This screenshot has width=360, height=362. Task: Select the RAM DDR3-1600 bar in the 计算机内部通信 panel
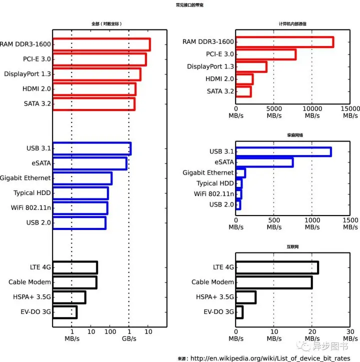pyautogui.click(x=284, y=42)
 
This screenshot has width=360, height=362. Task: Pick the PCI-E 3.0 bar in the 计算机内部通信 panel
pyautogui.click(x=265, y=54)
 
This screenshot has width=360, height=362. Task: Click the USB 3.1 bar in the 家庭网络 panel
pyautogui.click(x=283, y=151)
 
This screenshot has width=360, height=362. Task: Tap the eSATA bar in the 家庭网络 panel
pyautogui.click(x=264, y=162)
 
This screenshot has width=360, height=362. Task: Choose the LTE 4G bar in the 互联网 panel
pyautogui.click(x=277, y=267)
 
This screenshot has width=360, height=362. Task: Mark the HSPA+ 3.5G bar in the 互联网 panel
pyautogui.click(x=246, y=297)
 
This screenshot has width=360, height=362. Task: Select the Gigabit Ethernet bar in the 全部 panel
pyautogui.click(x=82, y=178)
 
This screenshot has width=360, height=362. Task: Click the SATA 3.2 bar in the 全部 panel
pyautogui.click(x=93, y=104)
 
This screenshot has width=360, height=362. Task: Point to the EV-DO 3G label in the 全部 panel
pyautogui.click(x=34, y=312)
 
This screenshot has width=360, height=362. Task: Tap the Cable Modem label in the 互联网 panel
pyautogui.click(x=212, y=282)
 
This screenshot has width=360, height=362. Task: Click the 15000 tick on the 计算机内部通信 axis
pyautogui.click(x=350, y=108)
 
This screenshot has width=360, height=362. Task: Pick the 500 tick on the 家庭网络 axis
pyautogui.click(x=273, y=219)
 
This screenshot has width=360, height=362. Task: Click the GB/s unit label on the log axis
pyautogui.click(x=129, y=338)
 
